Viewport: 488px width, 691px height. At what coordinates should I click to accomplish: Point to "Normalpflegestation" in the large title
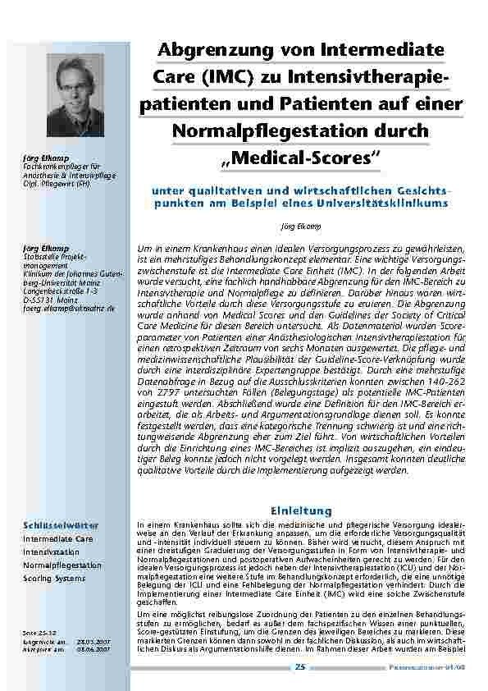262,130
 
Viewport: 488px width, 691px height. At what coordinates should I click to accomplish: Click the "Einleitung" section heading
306,510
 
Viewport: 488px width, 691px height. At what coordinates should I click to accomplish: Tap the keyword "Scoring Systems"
54,579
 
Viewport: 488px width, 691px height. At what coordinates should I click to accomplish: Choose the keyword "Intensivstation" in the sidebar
51,552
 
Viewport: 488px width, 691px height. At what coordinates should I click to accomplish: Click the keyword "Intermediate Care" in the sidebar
57,539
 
